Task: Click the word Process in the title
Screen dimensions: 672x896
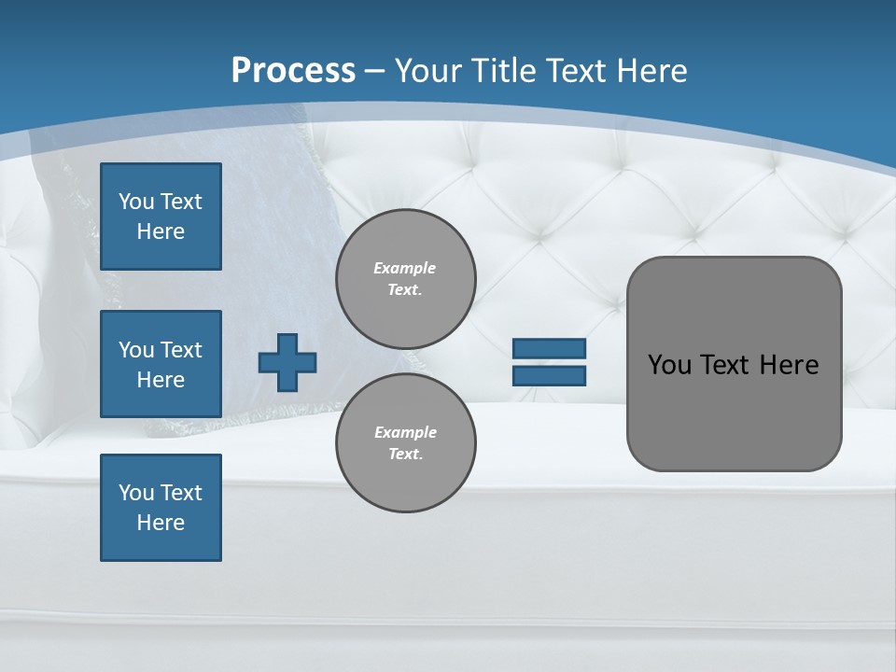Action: tap(293, 71)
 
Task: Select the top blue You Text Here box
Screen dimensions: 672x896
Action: tap(161, 217)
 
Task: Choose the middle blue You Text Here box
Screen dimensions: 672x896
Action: tap(161, 364)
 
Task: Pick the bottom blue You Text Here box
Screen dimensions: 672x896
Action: tap(161, 508)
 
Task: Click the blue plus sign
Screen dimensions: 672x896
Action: tap(287, 362)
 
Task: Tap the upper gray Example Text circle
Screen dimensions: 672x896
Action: tap(405, 279)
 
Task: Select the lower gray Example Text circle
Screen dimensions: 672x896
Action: tap(405, 443)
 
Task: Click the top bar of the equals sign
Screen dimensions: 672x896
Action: tap(549, 349)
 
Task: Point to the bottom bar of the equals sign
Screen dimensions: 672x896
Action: tap(549, 376)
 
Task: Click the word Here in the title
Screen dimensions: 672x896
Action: tap(652, 71)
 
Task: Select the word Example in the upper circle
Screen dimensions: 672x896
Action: tap(405, 268)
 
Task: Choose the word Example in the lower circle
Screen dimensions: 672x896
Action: tap(405, 432)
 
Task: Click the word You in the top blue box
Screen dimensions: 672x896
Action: tap(136, 202)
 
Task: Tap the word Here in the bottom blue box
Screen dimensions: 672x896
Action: tap(161, 523)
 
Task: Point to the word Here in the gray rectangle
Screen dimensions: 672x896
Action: tap(789, 365)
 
